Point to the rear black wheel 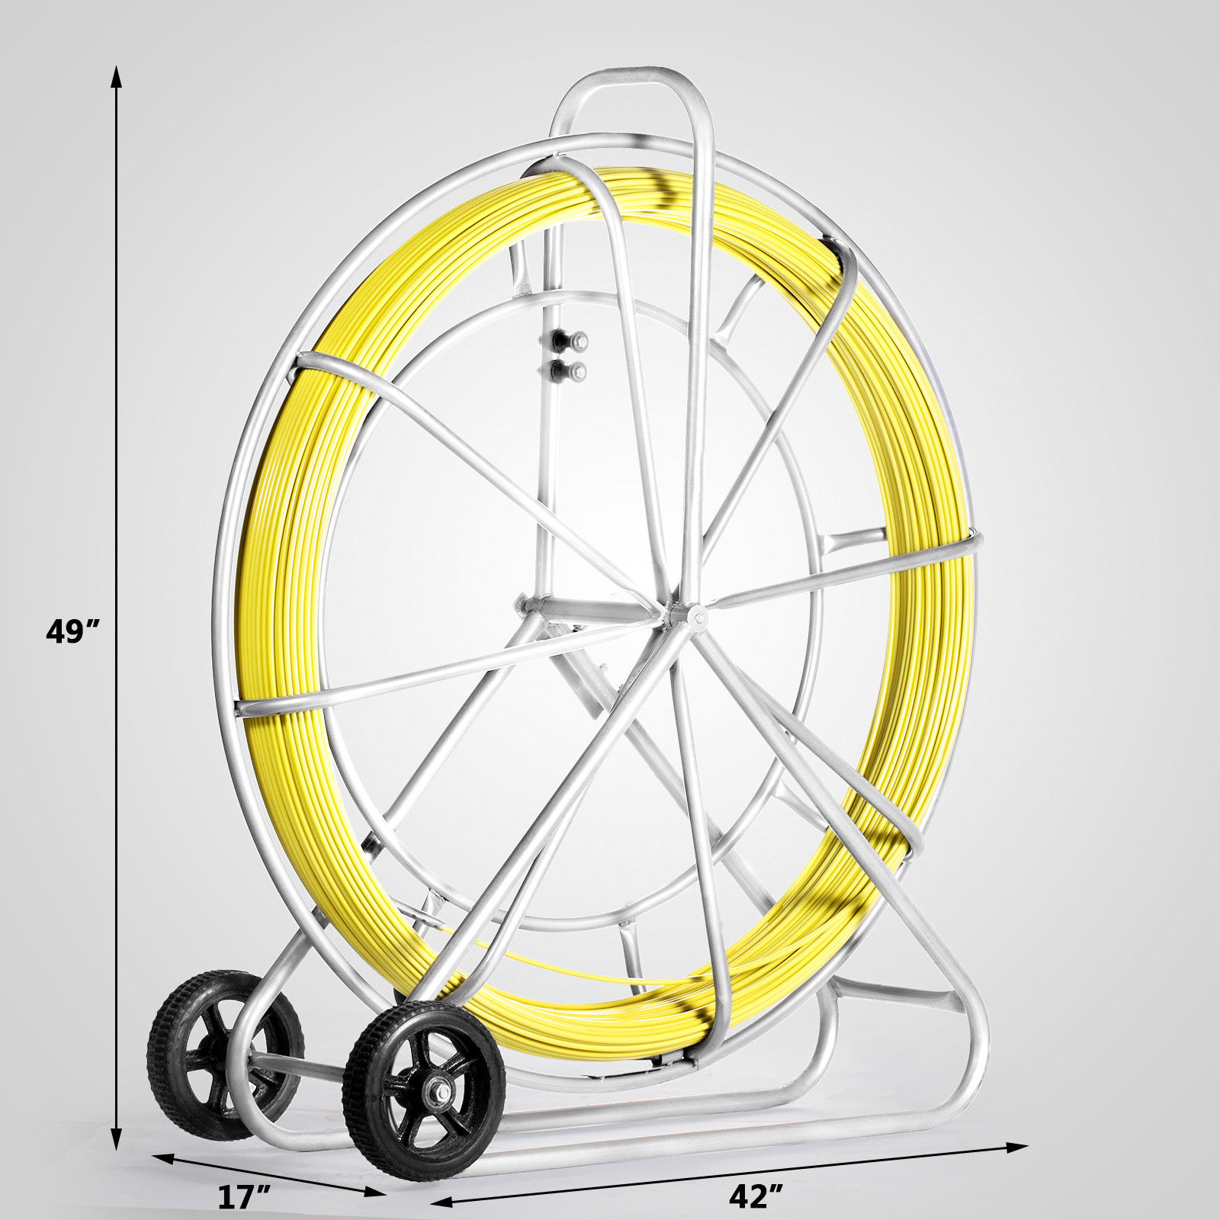(x=225, y=1044)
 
